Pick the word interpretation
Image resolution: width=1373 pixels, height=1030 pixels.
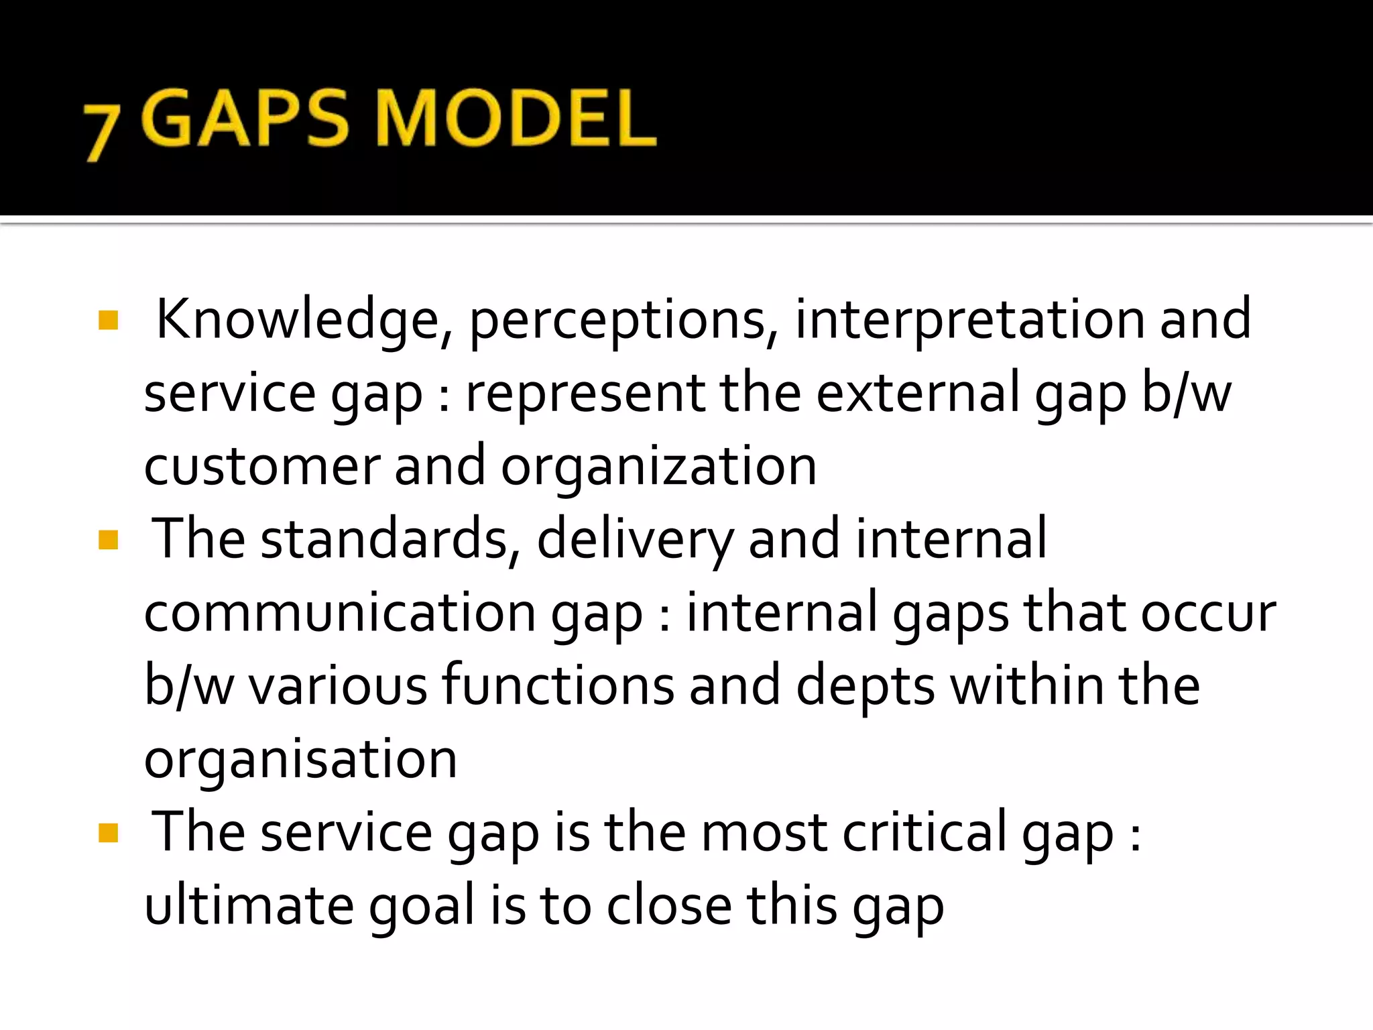[969, 320]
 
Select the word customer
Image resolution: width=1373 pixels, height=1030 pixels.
[262, 467]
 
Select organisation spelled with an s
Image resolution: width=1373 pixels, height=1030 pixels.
[300, 760]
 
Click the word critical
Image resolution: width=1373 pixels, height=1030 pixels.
[924, 832]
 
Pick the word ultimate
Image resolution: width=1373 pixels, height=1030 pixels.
[249, 905]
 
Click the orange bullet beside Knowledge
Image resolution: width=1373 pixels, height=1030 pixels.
[108, 321]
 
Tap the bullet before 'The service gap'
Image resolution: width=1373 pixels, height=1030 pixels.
[108, 833]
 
